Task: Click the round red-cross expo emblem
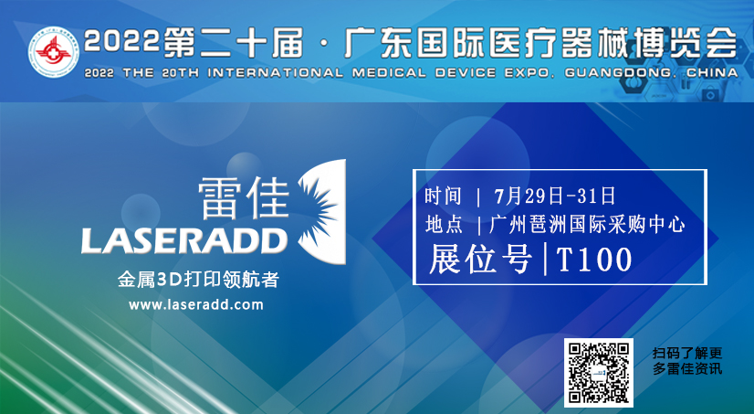53,51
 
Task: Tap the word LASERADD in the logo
184,240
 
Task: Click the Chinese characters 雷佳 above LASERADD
244,197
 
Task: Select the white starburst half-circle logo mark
321,212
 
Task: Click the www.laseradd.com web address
196,304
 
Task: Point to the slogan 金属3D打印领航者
198,280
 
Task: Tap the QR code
599,373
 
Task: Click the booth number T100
594,260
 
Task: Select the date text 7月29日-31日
554,196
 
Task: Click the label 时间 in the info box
443,196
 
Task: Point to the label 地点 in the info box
444,225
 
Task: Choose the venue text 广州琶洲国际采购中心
587,225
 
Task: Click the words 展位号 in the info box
480,260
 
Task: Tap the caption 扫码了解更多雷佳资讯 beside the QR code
687,361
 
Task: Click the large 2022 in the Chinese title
121,40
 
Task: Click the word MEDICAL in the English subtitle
389,73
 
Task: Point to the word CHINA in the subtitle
712,73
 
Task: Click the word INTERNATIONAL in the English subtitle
276,73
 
